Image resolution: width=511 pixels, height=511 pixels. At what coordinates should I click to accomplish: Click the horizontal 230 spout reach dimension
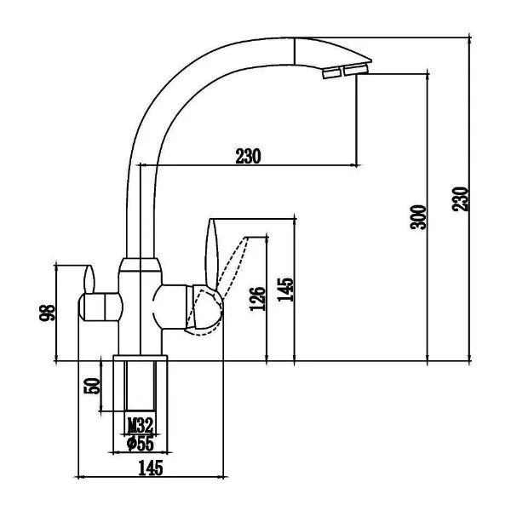(248, 157)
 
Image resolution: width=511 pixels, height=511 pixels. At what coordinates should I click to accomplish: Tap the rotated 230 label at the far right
(460, 198)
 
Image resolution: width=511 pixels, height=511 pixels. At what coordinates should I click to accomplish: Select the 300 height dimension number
(418, 217)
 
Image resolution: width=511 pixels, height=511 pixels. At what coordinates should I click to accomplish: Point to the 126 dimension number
(257, 299)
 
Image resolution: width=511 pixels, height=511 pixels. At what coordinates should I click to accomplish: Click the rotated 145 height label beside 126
(285, 290)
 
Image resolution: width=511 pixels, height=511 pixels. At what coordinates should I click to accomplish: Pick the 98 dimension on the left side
(47, 313)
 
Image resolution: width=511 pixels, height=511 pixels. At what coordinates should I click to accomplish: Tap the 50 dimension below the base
(92, 386)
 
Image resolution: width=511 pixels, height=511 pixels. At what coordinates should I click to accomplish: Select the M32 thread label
(141, 425)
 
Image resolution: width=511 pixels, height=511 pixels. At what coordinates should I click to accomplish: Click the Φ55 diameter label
(141, 443)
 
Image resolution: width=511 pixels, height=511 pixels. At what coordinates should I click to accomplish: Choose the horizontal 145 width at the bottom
(151, 468)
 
